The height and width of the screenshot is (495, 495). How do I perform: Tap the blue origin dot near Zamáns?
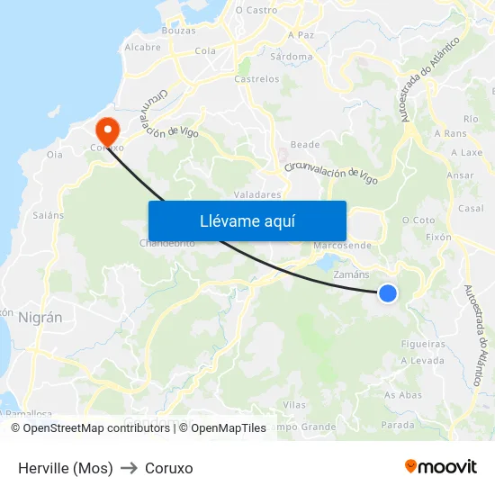click(388, 292)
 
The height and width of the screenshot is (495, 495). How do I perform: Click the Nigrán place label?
click(40, 318)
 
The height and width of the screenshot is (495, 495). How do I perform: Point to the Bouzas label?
click(178, 30)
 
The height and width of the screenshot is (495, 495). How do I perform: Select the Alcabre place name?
click(142, 47)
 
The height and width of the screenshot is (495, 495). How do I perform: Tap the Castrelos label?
click(256, 79)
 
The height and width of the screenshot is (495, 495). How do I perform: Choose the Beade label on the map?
click(305, 145)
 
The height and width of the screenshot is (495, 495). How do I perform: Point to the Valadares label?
click(257, 193)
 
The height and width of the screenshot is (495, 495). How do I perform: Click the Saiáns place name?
click(49, 215)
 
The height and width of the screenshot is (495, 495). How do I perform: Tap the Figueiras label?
click(424, 344)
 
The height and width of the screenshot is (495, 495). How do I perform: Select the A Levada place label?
click(422, 360)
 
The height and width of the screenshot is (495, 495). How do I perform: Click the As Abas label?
click(403, 395)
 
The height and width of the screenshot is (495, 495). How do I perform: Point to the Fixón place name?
click(438, 238)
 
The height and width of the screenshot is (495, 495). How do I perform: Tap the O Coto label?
click(418, 220)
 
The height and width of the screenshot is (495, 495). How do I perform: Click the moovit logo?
click(440, 466)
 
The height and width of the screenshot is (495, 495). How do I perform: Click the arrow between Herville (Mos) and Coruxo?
click(129, 468)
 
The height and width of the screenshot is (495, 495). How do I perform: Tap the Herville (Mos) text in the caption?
click(66, 468)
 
